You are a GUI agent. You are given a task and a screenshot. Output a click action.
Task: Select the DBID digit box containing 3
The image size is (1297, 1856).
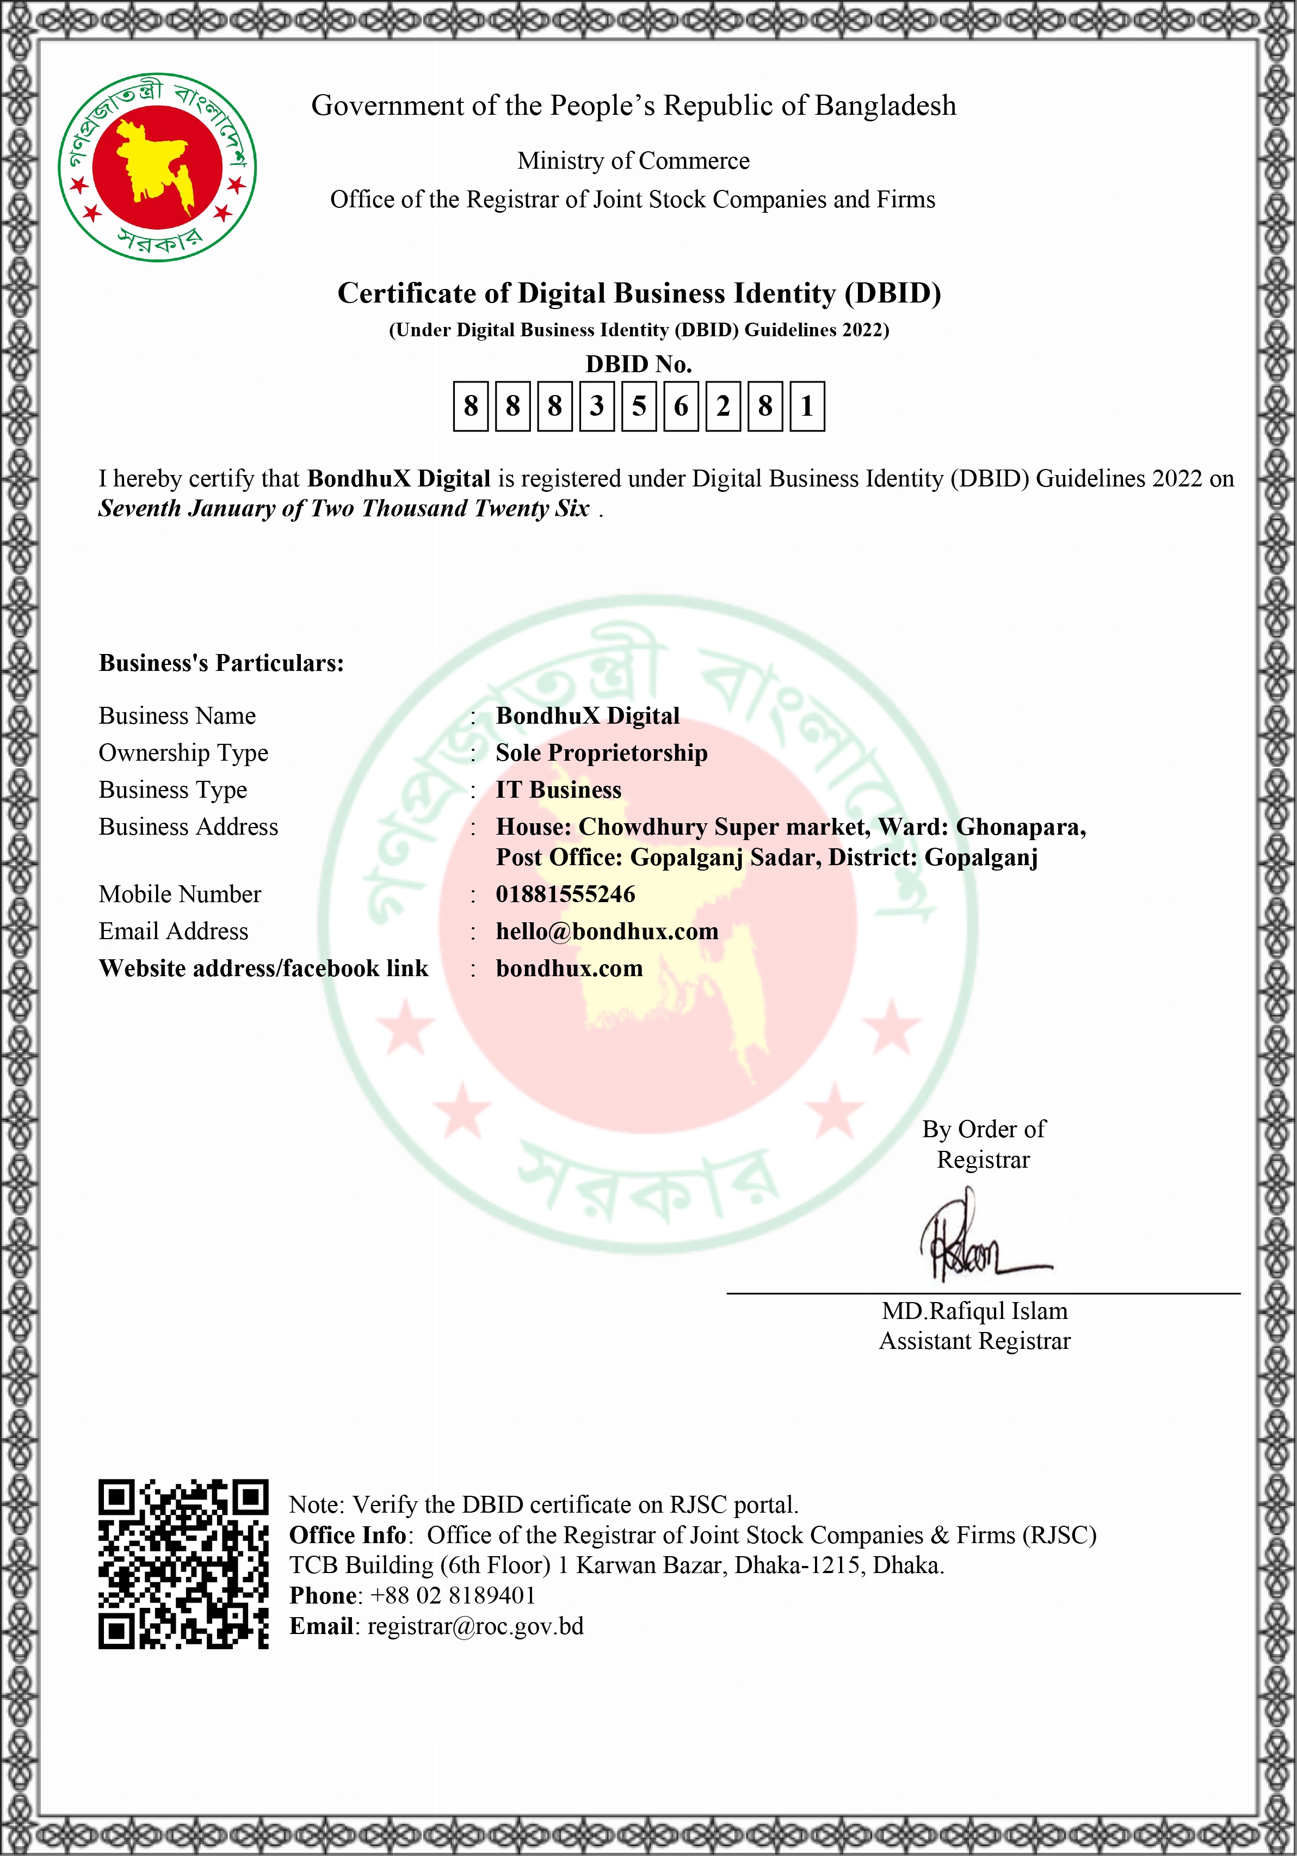coord(596,406)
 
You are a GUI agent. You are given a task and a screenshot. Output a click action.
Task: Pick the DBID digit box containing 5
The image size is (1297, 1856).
coord(638,406)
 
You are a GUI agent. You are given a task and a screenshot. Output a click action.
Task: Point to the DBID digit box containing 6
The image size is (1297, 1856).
coord(681,406)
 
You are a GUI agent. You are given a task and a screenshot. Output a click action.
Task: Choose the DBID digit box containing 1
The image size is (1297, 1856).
coord(806,406)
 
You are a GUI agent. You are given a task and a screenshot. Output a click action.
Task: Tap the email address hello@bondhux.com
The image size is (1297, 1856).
coord(607,931)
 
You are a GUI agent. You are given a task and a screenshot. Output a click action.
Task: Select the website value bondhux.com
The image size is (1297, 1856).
coord(569,969)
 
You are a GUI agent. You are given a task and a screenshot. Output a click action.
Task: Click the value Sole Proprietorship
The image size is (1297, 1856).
coord(601,753)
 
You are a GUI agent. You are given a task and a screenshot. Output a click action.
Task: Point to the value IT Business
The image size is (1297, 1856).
coord(558,790)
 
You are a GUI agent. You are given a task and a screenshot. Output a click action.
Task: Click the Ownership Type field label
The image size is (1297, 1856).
coord(183,753)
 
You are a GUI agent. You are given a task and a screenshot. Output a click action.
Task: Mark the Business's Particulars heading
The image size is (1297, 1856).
coord(221,663)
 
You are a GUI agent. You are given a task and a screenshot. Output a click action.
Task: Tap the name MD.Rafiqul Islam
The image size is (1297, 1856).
coord(974,1310)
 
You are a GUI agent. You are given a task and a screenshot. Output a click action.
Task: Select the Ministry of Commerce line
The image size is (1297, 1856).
coord(634,161)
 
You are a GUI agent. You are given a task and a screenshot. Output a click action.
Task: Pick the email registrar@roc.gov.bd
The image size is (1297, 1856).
coord(475,1626)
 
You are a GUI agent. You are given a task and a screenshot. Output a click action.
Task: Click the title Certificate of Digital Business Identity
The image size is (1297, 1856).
coord(638,293)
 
